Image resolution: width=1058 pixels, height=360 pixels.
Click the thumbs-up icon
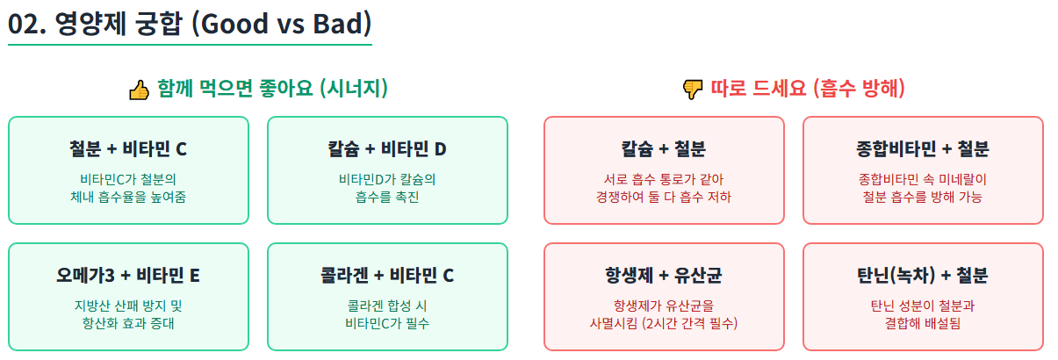pyautogui.click(x=140, y=90)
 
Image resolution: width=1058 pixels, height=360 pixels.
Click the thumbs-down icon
pyautogui.click(x=693, y=90)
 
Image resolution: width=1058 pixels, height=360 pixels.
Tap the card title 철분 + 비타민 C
pyautogui.click(x=128, y=148)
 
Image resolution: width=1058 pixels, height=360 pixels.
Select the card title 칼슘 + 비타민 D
pyautogui.click(x=387, y=148)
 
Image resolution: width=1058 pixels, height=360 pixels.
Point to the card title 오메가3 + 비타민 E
pyautogui.click(x=128, y=275)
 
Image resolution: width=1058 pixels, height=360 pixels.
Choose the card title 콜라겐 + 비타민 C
pyautogui.click(x=387, y=275)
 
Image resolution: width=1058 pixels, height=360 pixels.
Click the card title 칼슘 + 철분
pyautogui.click(x=664, y=148)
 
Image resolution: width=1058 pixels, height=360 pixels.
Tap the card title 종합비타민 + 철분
pyautogui.click(x=923, y=148)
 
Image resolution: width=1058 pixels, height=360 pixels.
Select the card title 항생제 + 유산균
pyautogui.click(x=664, y=275)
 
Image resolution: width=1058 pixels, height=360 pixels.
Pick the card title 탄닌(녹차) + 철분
pyautogui.click(x=923, y=275)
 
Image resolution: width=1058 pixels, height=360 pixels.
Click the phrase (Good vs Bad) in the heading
pyautogui.click(x=286, y=23)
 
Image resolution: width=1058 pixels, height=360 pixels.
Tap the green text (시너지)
pyautogui.click(x=354, y=89)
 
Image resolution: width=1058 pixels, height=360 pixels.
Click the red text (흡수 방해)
pyautogui.click(x=859, y=89)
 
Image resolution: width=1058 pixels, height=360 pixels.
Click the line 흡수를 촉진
pyautogui.click(x=387, y=197)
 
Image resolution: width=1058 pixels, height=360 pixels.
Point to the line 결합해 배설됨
pyautogui.click(x=923, y=323)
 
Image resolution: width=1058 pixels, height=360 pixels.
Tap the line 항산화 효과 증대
pyautogui.click(x=128, y=323)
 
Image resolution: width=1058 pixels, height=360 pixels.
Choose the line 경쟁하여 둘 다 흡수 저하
pyautogui.click(x=664, y=197)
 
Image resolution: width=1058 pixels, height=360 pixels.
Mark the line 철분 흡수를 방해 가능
pyautogui.click(x=923, y=197)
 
